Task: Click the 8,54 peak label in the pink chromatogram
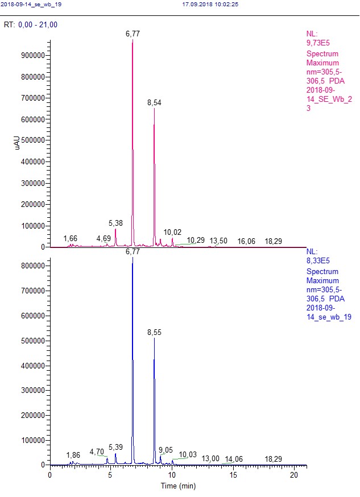(x=154, y=102)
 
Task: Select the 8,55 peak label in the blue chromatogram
(x=154, y=332)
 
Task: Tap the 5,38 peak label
(x=116, y=223)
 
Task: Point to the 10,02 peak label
(x=172, y=232)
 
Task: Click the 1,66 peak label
(x=71, y=238)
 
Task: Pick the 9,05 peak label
(x=165, y=450)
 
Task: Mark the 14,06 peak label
(x=234, y=459)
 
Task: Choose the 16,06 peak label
(x=246, y=241)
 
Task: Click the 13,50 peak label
(x=218, y=241)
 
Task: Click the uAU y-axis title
(x=18, y=144)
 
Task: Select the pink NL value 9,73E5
(x=317, y=42)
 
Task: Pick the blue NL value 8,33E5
(x=317, y=260)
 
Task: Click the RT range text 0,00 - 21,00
(x=38, y=25)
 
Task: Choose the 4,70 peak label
(x=97, y=452)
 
